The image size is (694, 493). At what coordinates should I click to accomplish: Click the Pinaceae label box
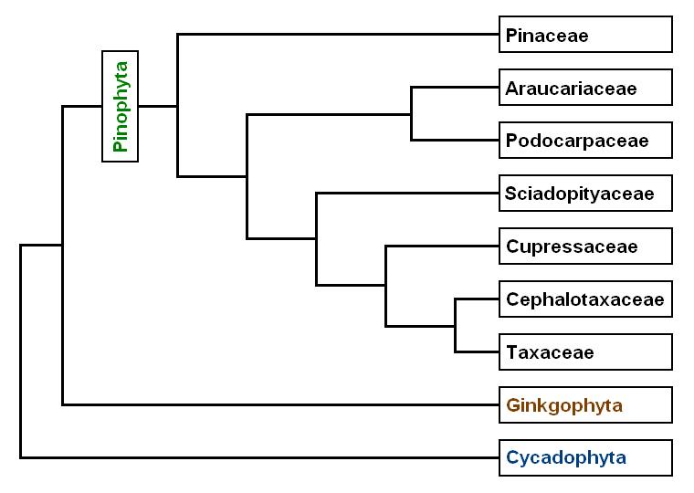[585, 35]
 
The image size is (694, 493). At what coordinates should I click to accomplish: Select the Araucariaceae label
[585, 88]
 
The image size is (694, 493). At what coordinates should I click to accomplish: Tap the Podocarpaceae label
[585, 141]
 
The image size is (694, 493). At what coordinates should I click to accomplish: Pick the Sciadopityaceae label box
[585, 194]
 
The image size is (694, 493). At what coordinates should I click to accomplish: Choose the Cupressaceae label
[585, 246]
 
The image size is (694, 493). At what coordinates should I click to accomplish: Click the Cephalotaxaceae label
[585, 299]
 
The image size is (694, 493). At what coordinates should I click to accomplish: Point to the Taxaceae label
[585, 352]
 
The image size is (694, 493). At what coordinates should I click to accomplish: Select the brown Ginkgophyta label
[585, 404]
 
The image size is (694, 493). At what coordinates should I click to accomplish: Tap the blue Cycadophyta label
[585, 457]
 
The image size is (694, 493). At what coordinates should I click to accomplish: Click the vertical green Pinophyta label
[120, 106]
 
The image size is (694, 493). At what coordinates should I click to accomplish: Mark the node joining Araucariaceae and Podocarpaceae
[412, 114]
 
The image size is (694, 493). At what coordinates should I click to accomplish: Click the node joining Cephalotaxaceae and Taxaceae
[455, 325]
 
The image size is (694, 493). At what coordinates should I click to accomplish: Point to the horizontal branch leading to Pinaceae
[338, 35]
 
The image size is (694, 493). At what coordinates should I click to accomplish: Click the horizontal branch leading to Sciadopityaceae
[407, 194]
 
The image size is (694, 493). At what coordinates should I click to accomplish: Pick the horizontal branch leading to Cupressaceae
[442, 246]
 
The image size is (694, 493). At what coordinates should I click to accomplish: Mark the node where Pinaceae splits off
[177, 106]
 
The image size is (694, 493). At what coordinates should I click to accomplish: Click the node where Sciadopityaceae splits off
[316, 238]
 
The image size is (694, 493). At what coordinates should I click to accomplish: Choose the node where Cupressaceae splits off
[385, 286]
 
